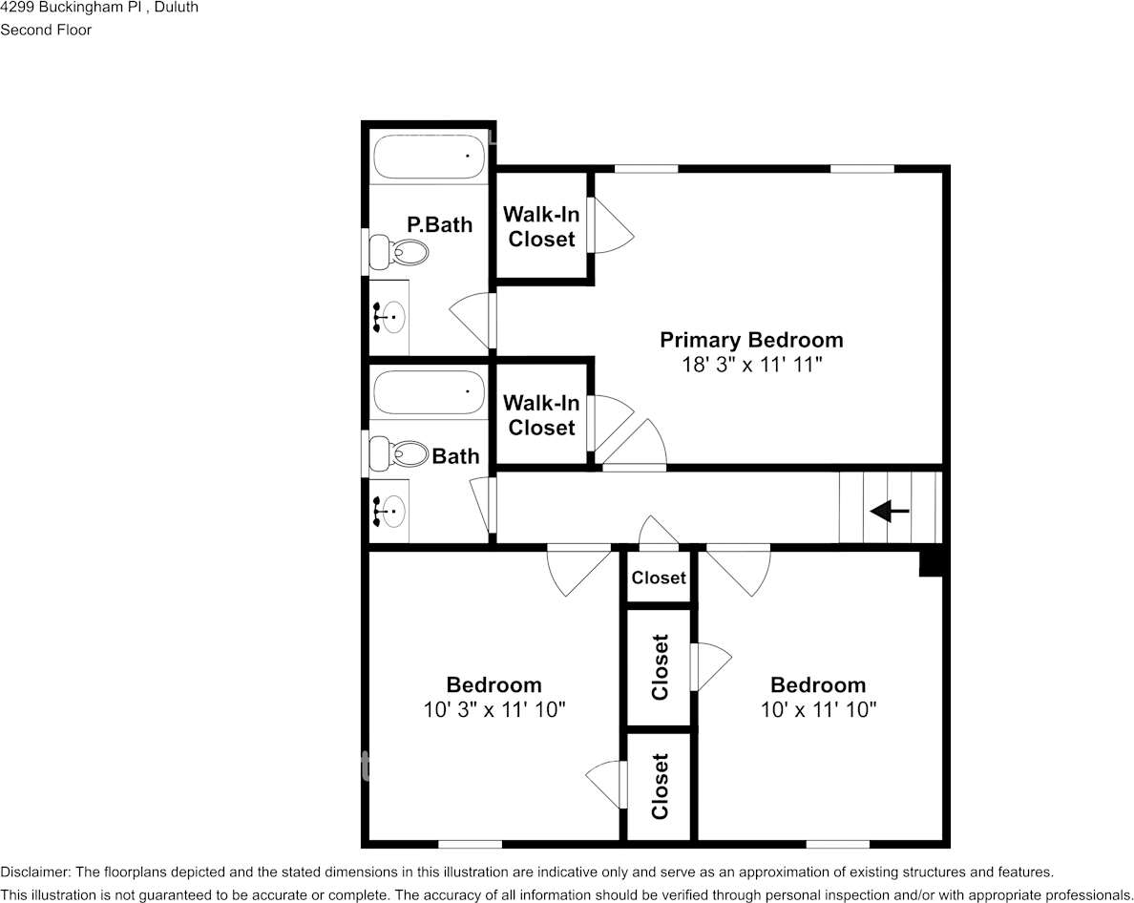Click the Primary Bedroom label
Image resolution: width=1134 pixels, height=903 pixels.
pyautogui.click(x=751, y=340)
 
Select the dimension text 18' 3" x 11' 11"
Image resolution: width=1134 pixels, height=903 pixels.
pyautogui.click(x=751, y=365)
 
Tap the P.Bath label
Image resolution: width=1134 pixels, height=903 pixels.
pyautogui.click(x=439, y=225)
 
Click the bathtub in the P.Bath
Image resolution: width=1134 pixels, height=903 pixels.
pyautogui.click(x=429, y=157)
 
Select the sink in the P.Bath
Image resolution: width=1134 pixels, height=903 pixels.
pyautogui.click(x=388, y=316)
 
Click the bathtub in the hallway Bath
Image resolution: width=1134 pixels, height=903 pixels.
pyautogui.click(x=429, y=392)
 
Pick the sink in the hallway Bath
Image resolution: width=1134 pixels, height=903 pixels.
pyautogui.click(x=388, y=512)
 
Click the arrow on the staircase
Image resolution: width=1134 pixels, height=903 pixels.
pyautogui.click(x=889, y=513)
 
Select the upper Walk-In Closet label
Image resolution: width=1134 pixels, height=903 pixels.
pyautogui.click(x=541, y=226)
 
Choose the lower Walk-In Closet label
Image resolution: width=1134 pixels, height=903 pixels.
pyautogui.click(x=541, y=415)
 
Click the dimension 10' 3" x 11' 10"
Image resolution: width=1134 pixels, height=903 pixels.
pyautogui.click(x=493, y=710)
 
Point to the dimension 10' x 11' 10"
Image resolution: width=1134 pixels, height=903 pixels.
pyautogui.click(x=818, y=710)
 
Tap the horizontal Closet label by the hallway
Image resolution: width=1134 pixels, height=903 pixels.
pyautogui.click(x=658, y=577)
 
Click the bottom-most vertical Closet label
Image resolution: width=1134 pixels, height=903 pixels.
pyautogui.click(x=659, y=787)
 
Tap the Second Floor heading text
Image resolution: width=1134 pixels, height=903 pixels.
pyautogui.click(x=46, y=30)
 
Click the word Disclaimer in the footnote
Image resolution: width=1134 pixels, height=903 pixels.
pyautogui.click(x=34, y=872)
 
